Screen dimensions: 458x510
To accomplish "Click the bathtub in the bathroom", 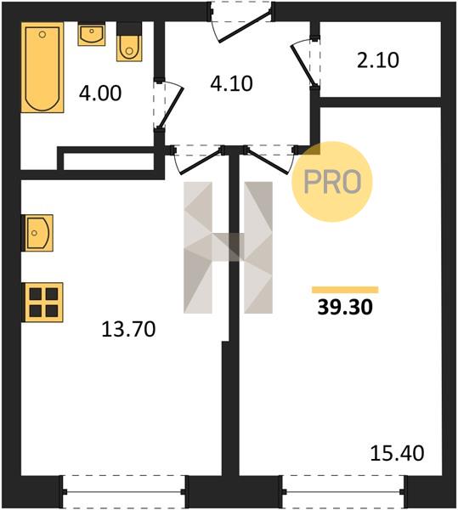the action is pos(42,67).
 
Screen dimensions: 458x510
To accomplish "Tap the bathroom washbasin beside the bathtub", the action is pos(92,34).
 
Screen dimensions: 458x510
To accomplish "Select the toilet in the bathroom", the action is pos(129,42).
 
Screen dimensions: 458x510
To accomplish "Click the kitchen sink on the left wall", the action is pos(37,233).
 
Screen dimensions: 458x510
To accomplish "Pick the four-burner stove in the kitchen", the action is pos(42,303).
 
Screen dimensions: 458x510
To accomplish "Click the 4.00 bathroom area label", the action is pos(100,93).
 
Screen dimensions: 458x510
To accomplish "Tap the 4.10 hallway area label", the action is pos(231,83).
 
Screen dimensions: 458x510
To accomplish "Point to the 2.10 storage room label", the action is pos(378,60).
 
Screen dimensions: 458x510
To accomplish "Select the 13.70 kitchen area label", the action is pos(128,329).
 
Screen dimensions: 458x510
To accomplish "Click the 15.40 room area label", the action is pos(397,453).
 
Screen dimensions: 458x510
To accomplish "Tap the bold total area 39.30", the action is pos(345,307).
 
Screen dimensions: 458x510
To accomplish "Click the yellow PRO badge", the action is pos(332,182).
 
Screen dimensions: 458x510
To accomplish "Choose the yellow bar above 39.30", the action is pos(345,290).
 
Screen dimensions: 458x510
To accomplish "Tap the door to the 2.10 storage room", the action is pos(304,64).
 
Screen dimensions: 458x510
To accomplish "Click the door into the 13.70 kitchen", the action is pos(199,161).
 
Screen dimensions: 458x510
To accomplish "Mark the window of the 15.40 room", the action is pos(345,492).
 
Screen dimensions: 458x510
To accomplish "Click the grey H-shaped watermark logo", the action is pos(229,247).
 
